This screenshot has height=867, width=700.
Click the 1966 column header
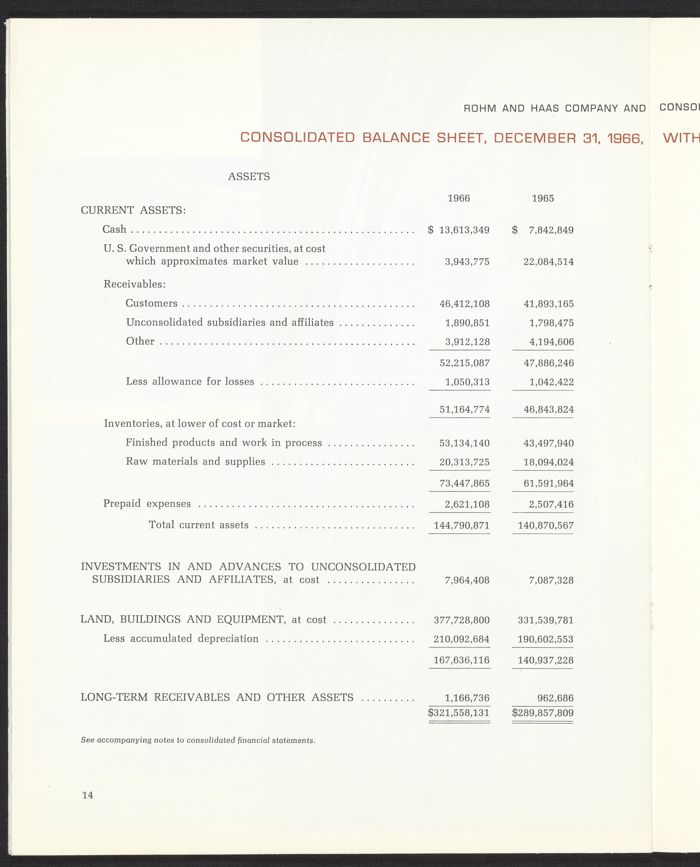tap(459, 198)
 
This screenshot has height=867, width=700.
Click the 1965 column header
tap(543, 198)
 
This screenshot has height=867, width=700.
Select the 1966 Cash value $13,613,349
tap(459, 230)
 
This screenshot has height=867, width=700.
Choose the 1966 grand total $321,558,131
tap(459, 713)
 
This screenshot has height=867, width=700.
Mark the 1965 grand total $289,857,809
tap(543, 713)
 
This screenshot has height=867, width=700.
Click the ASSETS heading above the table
tap(249, 176)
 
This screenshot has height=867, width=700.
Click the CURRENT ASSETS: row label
tap(133, 210)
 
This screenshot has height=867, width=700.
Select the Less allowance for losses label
tap(190, 382)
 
